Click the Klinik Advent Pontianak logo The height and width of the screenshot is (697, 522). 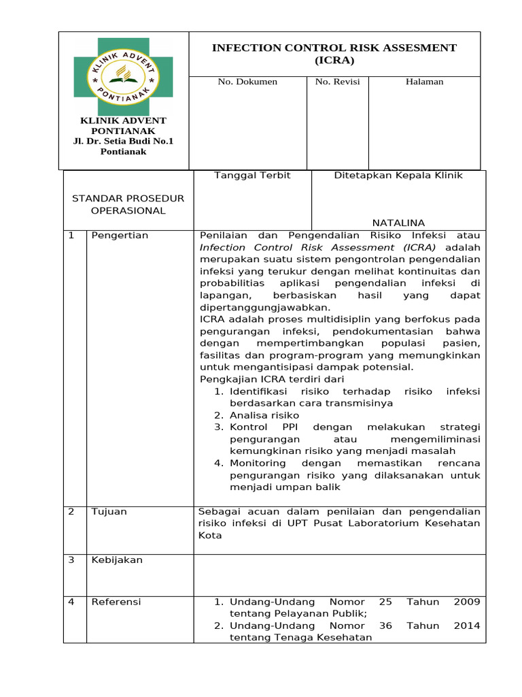coord(123,76)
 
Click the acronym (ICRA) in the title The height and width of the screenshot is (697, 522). coord(334,61)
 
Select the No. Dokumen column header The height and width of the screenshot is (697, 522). coord(247,82)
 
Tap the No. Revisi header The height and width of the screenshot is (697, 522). coord(337,82)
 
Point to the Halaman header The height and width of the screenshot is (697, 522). coord(424,82)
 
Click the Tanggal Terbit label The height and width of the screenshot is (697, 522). coord(252,176)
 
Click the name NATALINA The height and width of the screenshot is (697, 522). coord(398,223)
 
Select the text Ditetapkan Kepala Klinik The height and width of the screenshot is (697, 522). coord(398,176)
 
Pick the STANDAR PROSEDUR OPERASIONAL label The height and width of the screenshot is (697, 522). coord(128,204)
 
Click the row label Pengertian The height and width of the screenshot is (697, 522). coord(120,236)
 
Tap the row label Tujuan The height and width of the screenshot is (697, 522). coord(109,512)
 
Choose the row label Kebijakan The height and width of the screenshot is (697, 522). coord(117,560)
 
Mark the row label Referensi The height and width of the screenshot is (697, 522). coord(116,602)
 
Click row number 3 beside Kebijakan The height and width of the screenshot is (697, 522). coord(71,560)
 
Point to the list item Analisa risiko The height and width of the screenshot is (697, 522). coord(264,415)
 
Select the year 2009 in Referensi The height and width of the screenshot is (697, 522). coord(466,602)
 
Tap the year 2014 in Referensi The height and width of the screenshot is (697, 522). coord(466,626)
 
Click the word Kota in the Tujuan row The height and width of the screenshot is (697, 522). coord(210,536)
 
